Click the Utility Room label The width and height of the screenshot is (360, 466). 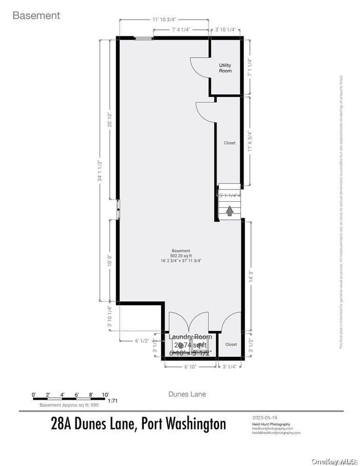225,69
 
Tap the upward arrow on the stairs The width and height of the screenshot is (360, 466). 229,211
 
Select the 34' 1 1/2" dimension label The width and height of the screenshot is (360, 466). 100,171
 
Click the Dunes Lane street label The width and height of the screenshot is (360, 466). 187,394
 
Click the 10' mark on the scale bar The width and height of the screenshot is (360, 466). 105,394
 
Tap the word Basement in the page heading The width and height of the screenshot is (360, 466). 36,16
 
